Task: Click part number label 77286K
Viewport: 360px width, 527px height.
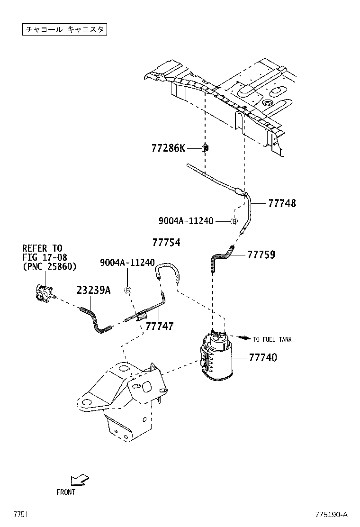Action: (168, 148)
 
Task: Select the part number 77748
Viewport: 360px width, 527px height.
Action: (282, 203)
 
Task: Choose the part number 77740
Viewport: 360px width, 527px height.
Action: (263, 357)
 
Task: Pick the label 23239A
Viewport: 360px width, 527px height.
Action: (94, 290)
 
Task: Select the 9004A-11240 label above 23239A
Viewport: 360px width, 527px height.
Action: (127, 263)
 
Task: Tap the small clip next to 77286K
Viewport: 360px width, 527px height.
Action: (205, 148)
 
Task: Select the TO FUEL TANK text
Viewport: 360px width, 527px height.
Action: (272, 339)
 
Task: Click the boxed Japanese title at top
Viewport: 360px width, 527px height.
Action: (64, 29)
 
